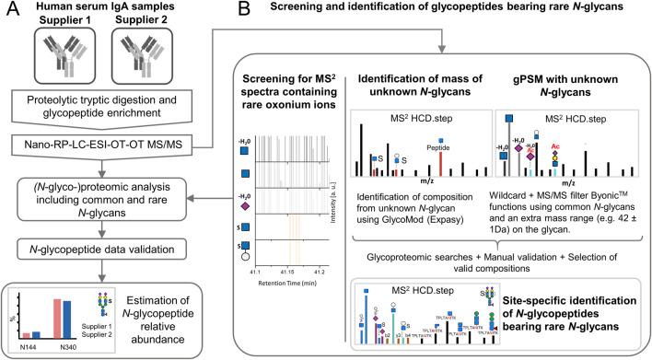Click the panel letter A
pyautogui.click(x=11, y=12)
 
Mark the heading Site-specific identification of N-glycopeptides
pyautogui.click(x=576, y=305)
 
